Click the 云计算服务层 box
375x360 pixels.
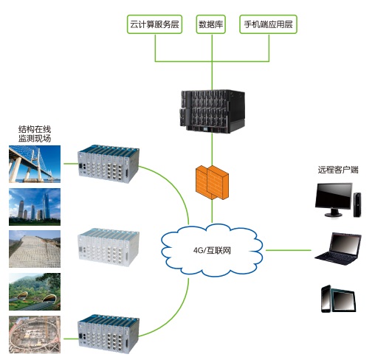154,24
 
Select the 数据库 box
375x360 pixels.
211,24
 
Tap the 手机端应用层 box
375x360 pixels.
268,24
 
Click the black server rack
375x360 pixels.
212,111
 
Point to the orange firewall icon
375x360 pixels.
212,182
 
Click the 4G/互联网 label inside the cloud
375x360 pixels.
212,251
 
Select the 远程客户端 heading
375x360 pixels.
338,170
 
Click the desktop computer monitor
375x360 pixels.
334,200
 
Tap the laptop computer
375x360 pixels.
338,249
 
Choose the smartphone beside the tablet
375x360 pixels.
326,299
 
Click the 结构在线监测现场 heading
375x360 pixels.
35,134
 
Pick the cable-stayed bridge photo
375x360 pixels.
35,164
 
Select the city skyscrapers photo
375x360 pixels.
35,207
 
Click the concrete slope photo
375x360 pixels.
35,249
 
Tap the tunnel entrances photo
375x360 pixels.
35,291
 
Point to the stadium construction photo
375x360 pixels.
35,335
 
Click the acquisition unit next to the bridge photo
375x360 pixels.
109,164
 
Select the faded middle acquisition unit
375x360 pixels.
109,247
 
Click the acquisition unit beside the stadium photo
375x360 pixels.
109,334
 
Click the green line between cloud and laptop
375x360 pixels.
289,250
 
